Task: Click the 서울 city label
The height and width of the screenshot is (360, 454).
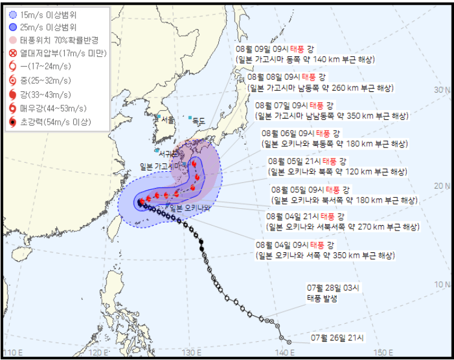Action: click(x=167, y=120)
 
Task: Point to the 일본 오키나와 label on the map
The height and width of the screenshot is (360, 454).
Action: click(x=190, y=208)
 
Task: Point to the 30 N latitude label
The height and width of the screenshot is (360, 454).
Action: click(x=443, y=90)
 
